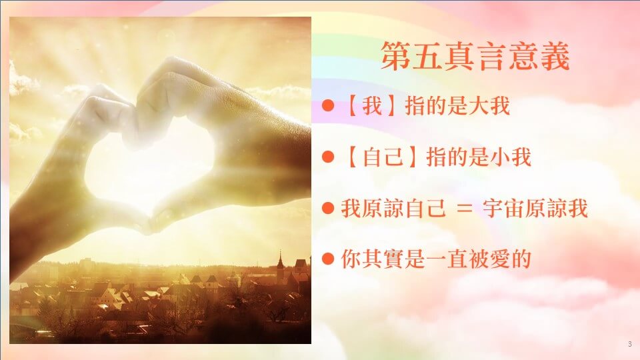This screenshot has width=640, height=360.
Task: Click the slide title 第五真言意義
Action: tap(475, 56)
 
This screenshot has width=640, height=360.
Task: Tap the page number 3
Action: tap(630, 344)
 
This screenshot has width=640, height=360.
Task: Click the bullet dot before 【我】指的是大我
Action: tap(328, 106)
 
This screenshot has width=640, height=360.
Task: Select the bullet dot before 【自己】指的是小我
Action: tap(328, 157)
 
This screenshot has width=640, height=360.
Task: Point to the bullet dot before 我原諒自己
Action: tap(328, 208)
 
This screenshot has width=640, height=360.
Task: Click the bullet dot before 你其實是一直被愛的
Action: tap(328, 259)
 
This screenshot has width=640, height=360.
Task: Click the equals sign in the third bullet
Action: tap(464, 209)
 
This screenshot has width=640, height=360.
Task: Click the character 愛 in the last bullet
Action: tap(499, 259)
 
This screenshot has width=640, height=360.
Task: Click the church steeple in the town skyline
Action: tap(281, 261)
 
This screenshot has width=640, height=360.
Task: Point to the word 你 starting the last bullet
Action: tap(351, 259)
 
